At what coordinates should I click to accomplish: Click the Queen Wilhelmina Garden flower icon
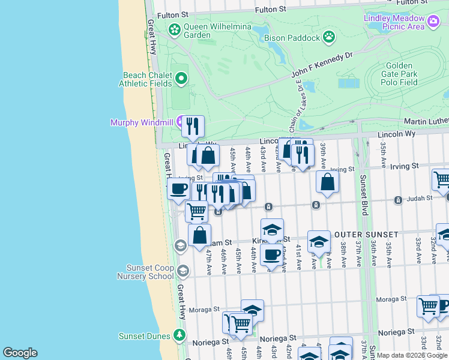click(174, 29)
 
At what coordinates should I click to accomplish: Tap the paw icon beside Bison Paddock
click(329, 38)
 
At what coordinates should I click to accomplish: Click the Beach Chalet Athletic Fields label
click(148, 79)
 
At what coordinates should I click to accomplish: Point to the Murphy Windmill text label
click(141, 122)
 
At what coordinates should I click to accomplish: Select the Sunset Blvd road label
click(363, 196)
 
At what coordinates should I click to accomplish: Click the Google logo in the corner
click(20, 353)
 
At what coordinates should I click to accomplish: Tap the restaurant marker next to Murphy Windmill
click(193, 125)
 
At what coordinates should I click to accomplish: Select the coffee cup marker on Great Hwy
click(178, 188)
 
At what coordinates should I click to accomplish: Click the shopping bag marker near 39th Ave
click(327, 181)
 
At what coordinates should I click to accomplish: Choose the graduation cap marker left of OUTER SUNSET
click(319, 241)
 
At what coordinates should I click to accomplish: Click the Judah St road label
click(421, 198)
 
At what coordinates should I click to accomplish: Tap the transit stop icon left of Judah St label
click(397, 200)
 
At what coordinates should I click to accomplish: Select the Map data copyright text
click(412, 355)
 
